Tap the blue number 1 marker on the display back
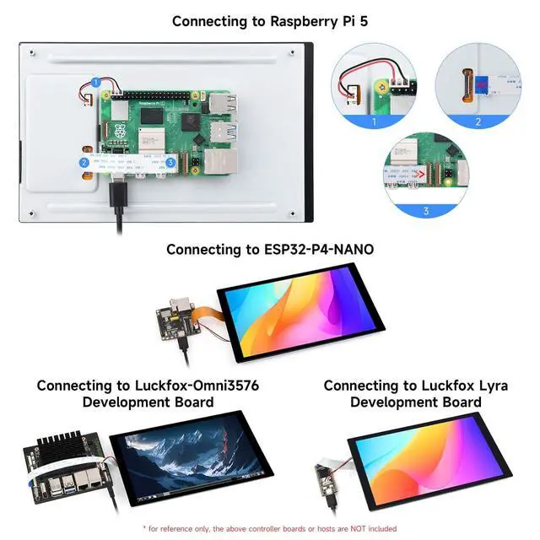point(96,83)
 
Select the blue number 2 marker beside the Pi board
point(84,162)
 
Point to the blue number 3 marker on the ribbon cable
point(170,162)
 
